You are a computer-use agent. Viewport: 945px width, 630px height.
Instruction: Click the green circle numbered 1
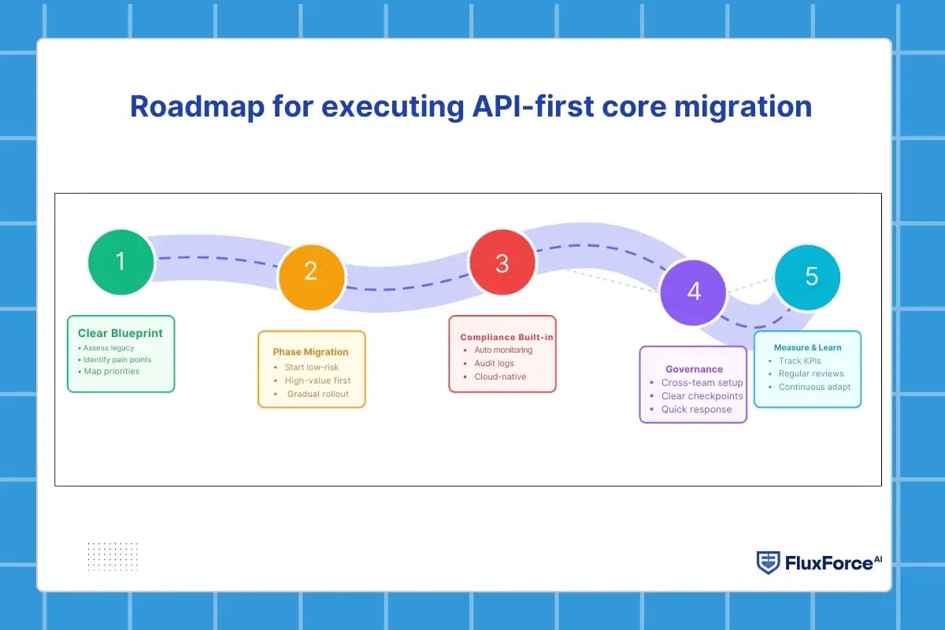coord(120,262)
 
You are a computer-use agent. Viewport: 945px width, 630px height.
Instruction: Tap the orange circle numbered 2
coord(311,272)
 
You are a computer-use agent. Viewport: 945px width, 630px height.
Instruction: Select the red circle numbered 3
coord(502,264)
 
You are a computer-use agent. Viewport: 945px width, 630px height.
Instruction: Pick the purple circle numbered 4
coord(693,291)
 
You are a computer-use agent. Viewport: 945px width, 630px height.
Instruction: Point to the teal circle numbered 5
coord(808,276)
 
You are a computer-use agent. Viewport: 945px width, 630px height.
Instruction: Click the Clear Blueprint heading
coord(120,333)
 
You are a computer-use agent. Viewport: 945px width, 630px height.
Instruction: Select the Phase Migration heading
coord(310,352)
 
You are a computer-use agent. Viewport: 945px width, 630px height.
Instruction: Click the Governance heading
coord(694,369)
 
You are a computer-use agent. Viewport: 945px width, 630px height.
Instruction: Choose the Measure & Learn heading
coord(806,347)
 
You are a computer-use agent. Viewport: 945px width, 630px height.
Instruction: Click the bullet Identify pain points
coord(117,359)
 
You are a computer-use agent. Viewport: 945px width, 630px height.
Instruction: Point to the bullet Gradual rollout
coord(317,394)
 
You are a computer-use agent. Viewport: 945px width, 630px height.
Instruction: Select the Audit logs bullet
coord(495,363)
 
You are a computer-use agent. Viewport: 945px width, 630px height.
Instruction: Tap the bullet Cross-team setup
coord(702,383)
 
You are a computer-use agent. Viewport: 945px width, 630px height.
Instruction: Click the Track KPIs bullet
coord(799,361)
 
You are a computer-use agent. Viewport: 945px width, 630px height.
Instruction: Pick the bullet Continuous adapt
coord(814,387)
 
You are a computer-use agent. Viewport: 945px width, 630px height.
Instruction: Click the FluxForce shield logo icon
coord(768,562)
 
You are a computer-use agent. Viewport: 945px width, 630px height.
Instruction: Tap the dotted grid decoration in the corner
coord(113,557)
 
